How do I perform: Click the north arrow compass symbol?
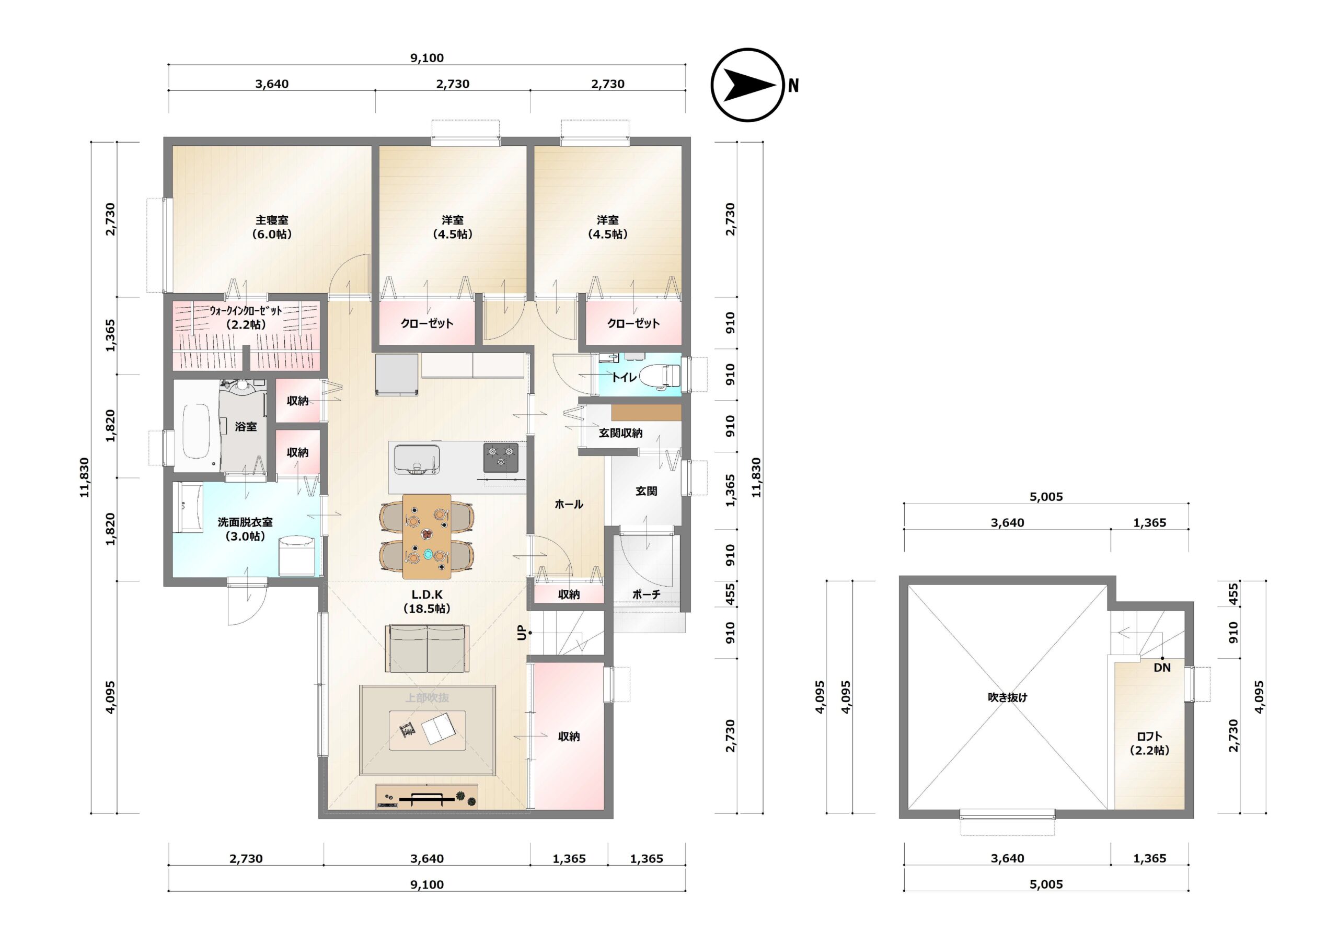[748, 85]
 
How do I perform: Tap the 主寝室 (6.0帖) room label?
[272, 227]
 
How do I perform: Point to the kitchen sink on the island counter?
[416, 460]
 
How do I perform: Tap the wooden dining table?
[426, 536]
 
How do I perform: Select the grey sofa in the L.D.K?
[427, 648]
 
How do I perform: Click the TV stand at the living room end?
[426, 797]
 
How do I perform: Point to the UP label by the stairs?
[522, 632]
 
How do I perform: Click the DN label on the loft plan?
[1162, 668]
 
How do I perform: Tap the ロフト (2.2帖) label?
[1149, 743]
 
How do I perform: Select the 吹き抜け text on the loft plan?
[1007, 697]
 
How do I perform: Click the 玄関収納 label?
[620, 433]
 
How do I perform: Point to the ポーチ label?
[647, 594]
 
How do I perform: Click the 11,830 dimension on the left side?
[85, 478]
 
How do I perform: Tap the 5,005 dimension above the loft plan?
[1046, 497]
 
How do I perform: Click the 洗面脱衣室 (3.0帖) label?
[245, 529]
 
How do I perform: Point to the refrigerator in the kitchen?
[397, 375]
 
